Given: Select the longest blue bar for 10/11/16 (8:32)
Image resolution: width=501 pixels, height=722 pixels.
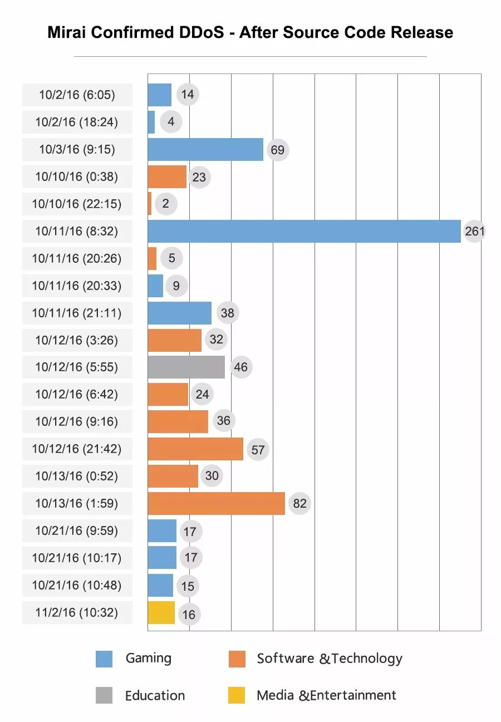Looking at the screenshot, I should [x=304, y=231].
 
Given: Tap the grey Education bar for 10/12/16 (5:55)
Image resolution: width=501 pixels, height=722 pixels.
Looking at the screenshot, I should [x=186, y=367].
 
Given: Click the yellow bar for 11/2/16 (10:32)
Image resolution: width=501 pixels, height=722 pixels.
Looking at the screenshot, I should [x=161, y=613].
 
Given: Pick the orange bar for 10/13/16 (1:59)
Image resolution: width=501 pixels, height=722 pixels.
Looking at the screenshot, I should [x=216, y=504].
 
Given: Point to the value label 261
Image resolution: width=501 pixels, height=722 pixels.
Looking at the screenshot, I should [x=474, y=231].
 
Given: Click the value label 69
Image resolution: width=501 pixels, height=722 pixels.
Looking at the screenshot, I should [x=277, y=150].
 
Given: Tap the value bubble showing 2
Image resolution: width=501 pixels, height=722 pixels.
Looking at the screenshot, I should [x=165, y=204].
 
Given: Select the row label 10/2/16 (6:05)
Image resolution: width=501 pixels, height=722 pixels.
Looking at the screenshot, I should [x=77, y=95].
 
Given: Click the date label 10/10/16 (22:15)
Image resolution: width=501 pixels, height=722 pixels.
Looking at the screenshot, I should [x=77, y=204].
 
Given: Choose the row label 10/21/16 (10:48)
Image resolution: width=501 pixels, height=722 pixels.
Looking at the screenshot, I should [x=77, y=586].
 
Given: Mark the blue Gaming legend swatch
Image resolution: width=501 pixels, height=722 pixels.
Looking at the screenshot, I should [x=104, y=659].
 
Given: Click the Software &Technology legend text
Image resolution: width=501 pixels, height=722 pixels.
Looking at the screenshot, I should [x=329, y=659].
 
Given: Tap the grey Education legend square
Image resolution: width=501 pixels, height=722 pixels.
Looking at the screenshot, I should [x=104, y=695].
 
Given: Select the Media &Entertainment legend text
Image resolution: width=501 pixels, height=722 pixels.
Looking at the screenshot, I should [x=326, y=695].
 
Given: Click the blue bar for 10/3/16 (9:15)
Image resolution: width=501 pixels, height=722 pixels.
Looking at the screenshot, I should [x=205, y=150].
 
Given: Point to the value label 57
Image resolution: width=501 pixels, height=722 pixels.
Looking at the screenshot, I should [x=258, y=449].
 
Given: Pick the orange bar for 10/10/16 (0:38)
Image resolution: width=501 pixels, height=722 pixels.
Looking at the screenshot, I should [x=167, y=177].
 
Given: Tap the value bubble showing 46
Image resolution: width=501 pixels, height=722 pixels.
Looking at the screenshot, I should [x=241, y=367].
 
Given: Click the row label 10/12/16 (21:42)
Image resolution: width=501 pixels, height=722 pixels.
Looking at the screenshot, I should [x=77, y=449].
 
